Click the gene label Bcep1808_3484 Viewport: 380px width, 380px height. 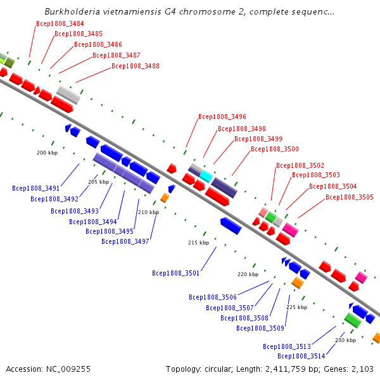click(60, 23)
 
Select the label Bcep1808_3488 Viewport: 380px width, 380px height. click(136, 66)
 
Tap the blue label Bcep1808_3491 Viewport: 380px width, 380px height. click(36, 188)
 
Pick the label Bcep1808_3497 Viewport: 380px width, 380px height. click(125, 241)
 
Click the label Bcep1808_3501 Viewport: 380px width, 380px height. click(175, 273)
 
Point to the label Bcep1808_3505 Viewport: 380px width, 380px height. click(350, 197)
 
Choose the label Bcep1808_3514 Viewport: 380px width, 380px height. click(301, 356)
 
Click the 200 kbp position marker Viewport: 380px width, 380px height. click(47, 153)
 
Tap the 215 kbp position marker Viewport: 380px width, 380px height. click(198, 243)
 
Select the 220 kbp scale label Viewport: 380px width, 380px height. click(248, 274)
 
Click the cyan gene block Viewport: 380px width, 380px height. click(206, 176)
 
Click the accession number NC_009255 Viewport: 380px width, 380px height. click(68, 369)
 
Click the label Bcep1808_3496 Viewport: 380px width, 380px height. click(222, 117)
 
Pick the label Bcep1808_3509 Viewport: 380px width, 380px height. click(260, 328)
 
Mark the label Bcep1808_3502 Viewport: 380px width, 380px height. click(300, 165)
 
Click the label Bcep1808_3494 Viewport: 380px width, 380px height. click(93, 222)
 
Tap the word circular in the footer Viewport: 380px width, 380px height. click(218, 369)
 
